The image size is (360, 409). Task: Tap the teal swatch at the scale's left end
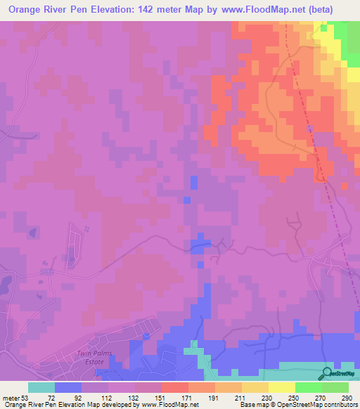coord(41,387)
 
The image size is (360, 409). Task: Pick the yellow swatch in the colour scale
coord(282,387)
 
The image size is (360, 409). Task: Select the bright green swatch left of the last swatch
coord(309,387)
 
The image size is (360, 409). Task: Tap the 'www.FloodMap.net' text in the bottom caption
coord(169,405)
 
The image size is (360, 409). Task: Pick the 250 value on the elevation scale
coord(293,398)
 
